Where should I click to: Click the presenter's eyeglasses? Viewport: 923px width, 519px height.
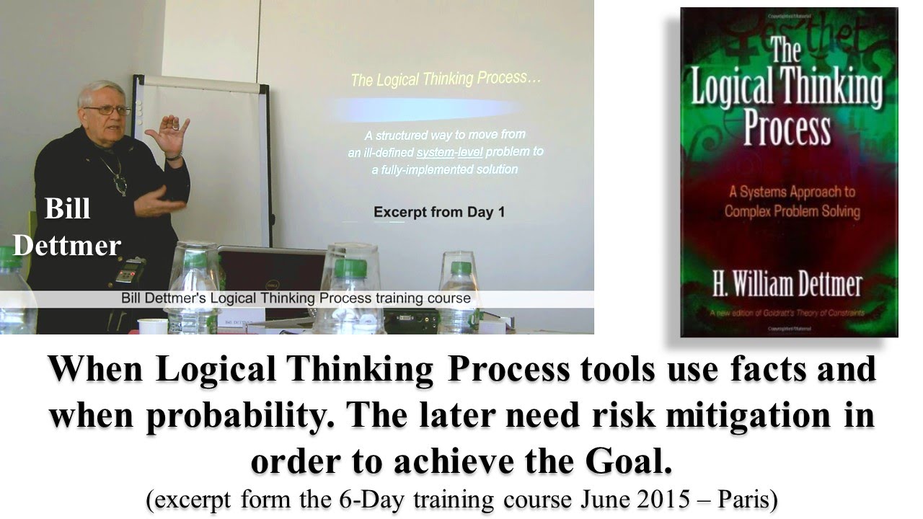[106, 110]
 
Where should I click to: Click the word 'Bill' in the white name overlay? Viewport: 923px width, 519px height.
[67, 209]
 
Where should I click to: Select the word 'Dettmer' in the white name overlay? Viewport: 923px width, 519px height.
[66, 246]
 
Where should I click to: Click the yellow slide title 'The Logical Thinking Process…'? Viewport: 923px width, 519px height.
[445, 78]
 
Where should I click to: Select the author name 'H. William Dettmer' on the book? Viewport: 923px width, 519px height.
[787, 284]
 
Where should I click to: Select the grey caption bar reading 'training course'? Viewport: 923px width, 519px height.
[296, 298]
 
